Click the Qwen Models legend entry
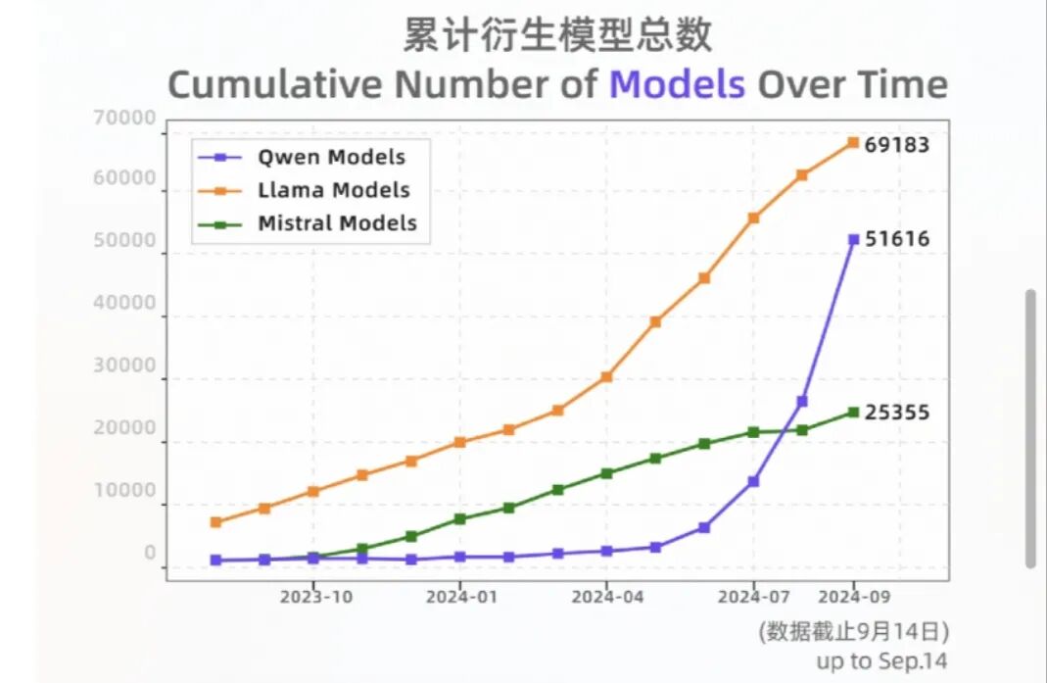[x=302, y=158]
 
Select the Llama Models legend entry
[x=304, y=190]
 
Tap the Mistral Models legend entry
[x=308, y=223]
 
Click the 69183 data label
[x=897, y=145]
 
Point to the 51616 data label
[x=897, y=239]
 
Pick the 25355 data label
[x=897, y=413]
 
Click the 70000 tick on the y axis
[x=124, y=119]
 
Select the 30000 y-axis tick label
[x=124, y=366]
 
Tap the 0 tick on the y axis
[x=150, y=553]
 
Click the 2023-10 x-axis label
[x=315, y=597]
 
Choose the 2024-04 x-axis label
[x=607, y=597]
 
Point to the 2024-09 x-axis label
[x=854, y=597]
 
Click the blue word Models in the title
[x=677, y=85]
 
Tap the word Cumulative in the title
[x=275, y=85]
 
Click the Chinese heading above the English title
[x=557, y=34]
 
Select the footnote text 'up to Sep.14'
[x=881, y=660]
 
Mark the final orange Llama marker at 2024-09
[x=853, y=142]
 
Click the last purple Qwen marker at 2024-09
[x=853, y=239]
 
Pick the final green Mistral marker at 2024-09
[x=853, y=413]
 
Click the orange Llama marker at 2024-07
[x=753, y=218]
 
